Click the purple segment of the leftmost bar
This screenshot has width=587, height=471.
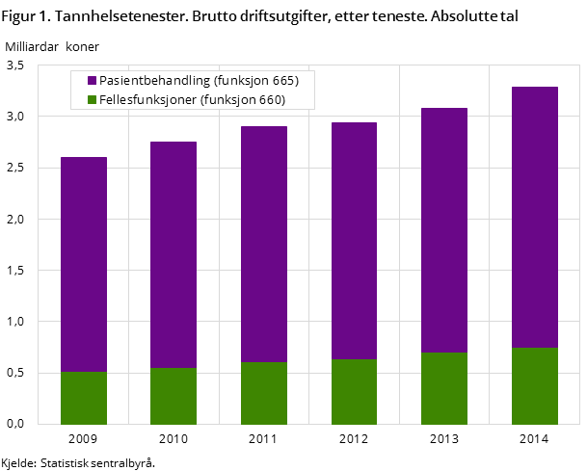click(x=84, y=264)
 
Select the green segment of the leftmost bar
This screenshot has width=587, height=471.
click(x=84, y=398)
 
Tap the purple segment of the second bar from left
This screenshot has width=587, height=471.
click(x=173, y=254)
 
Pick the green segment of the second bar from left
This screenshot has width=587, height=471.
click(x=173, y=396)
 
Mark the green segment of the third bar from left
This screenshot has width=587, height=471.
click(x=264, y=393)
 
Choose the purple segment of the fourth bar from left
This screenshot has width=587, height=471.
click(x=354, y=241)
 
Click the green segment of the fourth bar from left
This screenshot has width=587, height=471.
click(x=354, y=391)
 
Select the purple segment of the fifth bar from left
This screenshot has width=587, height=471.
click(x=444, y=230)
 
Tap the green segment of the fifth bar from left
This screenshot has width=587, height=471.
click(x=444, y=388)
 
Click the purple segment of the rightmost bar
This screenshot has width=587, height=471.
click(x=535, y=217)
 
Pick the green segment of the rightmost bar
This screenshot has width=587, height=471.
click(x=535, y=385)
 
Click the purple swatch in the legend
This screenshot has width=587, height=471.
click(x=92, y=80)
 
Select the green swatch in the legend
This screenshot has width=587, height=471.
click(x=92, y=99)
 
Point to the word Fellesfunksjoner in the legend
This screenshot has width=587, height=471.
click(x=147, y=99)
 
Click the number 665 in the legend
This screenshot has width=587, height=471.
click(x=285, y=80)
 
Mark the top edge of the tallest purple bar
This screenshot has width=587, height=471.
click(x=535, y=88)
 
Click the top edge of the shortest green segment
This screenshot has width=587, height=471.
click(x=84, y=372)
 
